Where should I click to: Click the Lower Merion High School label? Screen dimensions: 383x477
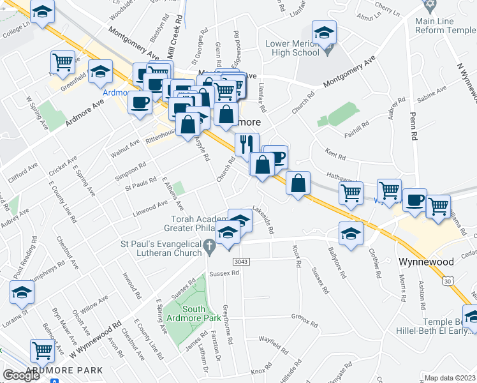point(291,49)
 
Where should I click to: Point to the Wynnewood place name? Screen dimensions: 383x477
point(425,262)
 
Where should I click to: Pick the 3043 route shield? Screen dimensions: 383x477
point(241,262)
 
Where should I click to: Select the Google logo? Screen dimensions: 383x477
point(22,375)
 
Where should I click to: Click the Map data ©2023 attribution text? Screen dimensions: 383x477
point(450,377)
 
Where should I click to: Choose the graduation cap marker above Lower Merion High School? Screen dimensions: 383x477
point(324,33)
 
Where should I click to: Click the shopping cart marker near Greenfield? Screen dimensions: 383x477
point(62,63)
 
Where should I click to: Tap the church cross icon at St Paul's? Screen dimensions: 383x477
point(209,245)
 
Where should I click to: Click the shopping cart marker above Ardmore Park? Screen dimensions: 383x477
point(42,350)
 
